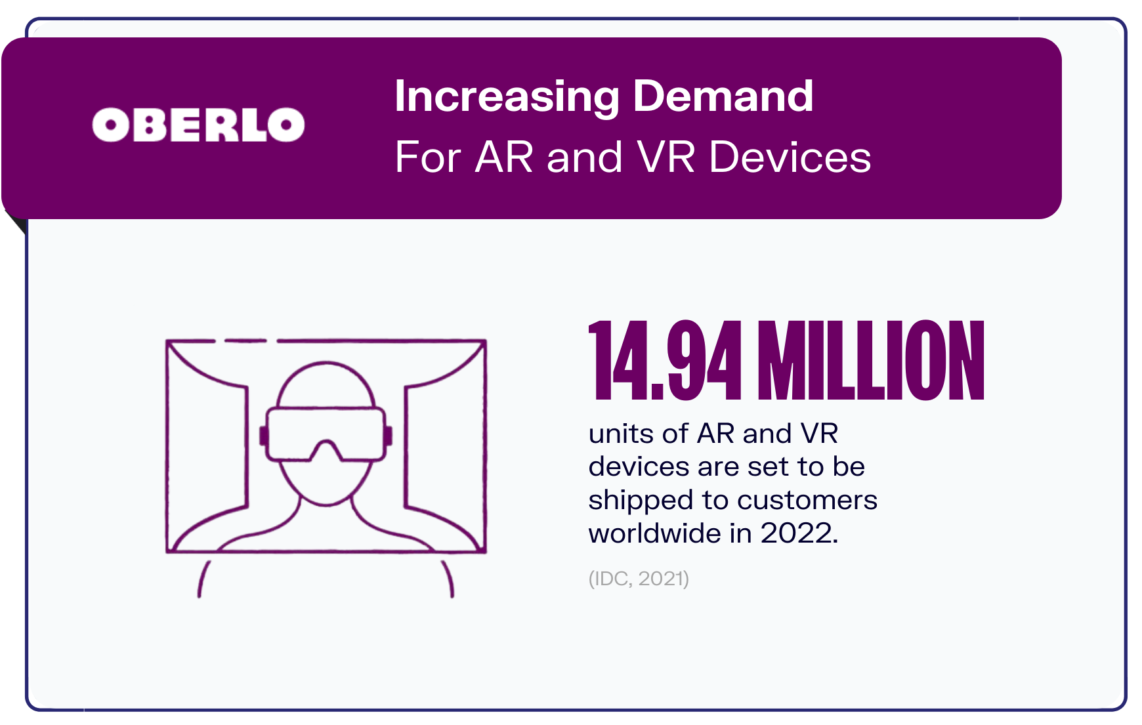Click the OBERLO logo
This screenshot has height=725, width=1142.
pos(198,125)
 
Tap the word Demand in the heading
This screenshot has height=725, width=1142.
pos(723,96)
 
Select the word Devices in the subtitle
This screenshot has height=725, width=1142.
pos(790,157)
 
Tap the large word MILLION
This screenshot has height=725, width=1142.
pos(871,361)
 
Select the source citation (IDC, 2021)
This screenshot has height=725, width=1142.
pos(639,579)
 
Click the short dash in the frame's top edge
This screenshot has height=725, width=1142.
pos(245,341)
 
